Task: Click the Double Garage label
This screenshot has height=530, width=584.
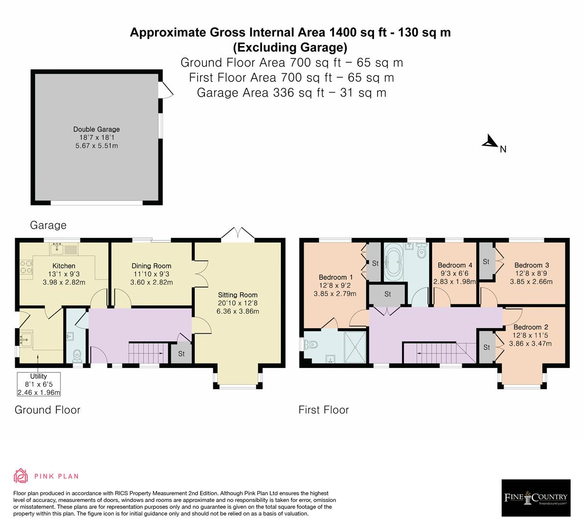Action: coord(97,130)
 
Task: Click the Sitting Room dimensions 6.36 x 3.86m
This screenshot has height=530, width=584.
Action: coord(238,311)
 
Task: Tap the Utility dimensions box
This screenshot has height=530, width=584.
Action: coord(39,384)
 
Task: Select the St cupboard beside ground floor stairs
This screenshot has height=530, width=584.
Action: coord(181,353)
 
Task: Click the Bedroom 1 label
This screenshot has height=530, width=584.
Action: coord(335,277)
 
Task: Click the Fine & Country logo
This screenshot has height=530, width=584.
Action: coord(536,498)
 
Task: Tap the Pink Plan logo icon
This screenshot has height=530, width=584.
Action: coord(21,476)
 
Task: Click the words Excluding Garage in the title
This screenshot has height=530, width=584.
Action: coord(290,48)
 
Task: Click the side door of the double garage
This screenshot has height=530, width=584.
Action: coord(166,91)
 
